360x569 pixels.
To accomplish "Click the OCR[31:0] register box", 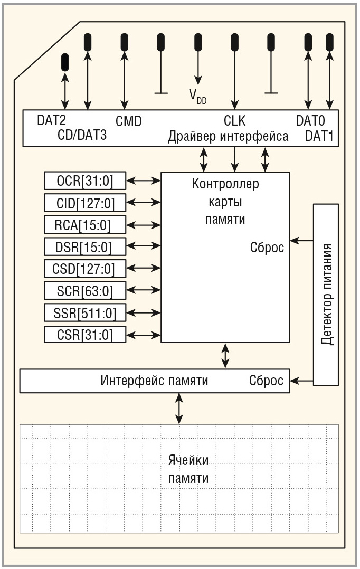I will click(x=86, y=182).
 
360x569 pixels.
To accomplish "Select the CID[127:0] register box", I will click(x=86, y=203).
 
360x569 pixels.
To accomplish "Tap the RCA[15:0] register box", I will click(x=86, y=225).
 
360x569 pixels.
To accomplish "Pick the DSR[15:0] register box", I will click(x=86, y=247).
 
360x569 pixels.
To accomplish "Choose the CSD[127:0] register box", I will click(x=86, y=269).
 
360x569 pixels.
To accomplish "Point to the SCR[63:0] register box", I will click(x=86, y=291).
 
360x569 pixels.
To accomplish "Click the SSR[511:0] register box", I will click(x=86, y=313).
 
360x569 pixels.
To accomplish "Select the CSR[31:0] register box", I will click(x=86, y=335).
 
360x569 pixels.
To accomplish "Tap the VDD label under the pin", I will click(x=198, y=96).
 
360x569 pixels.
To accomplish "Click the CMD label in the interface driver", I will click(x=129, y=121).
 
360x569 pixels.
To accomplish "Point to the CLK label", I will click(x=235, y=121).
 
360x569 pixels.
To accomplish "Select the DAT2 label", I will click(x=52, y=120).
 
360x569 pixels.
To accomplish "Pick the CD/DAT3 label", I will click(x=82, y=136).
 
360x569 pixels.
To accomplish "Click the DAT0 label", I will click(x=310, y=121).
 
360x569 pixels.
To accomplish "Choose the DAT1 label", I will click(x=319, y=136).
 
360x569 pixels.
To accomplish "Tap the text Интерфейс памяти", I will click(x=154, y=381).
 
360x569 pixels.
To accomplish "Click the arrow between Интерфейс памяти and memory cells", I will click(x=179, y=408).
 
